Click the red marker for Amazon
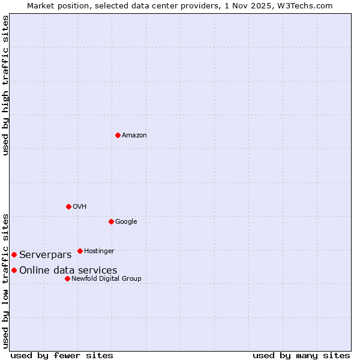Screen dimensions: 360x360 (118, 135)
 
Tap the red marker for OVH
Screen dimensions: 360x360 (68, 206)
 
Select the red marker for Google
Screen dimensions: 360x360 (111, 221)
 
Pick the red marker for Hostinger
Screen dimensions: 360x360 (80, 251)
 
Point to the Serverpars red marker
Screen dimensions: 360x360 (14, 254)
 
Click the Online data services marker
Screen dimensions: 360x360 (14, 270)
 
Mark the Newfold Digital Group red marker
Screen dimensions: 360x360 (67, 278)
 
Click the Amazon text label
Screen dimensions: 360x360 (134, 136)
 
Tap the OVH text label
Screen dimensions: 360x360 (80, 207)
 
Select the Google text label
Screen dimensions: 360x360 (126, 222)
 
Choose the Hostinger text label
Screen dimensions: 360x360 (99, 251)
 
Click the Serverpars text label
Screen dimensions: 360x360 (46, 255)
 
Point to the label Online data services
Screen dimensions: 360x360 (68, 271)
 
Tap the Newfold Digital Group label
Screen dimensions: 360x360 (106, 279)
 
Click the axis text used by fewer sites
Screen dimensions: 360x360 (62, 355)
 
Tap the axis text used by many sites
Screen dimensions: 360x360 (301, 355)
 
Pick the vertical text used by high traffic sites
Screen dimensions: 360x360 (6, 85)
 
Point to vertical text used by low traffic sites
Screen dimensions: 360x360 (6, 281)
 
